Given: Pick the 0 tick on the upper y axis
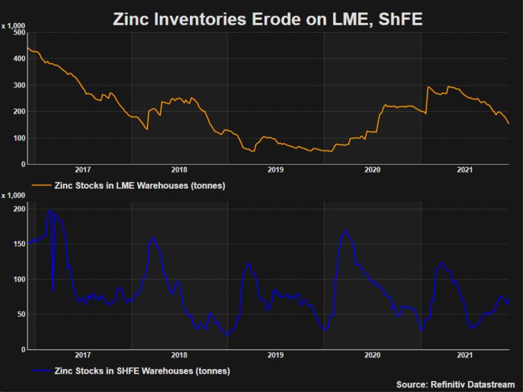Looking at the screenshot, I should (x=23, y=165).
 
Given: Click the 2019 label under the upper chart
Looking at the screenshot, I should (x=276, y=171).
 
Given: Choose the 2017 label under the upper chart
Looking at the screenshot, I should (x=82, y=171).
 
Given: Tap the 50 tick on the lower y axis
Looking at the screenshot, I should (x=20, y=314).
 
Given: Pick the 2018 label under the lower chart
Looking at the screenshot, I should (x=179, y=355).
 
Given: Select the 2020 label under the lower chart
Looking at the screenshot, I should (x=372, y=355).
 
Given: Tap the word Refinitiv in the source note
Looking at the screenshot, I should (x=448, y=384).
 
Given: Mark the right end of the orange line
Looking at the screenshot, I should (x=509, y=123).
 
